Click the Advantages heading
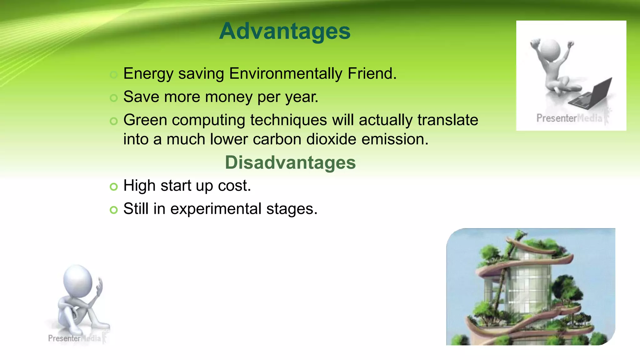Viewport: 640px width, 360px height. pos(285,31)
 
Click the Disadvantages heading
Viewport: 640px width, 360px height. pos(290,162)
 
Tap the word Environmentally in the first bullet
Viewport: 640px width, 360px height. pos(286,74)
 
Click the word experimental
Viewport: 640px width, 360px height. pos(216,209)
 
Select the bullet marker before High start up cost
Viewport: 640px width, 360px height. pos(114,187)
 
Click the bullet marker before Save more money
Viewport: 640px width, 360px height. pos(114,98)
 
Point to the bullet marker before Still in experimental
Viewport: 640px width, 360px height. pos(114,210)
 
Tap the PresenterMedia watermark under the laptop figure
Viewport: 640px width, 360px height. pos(569,118)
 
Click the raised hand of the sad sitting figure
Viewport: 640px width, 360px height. pos(100,286)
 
